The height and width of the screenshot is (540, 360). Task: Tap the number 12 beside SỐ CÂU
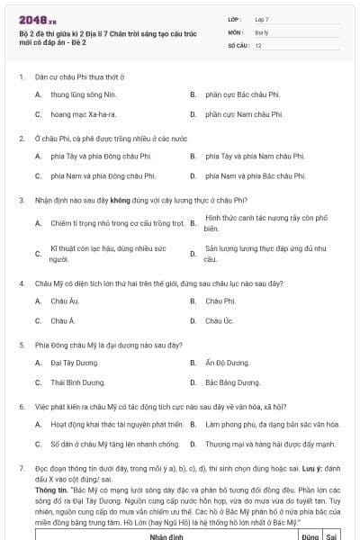pyautogui.click(x=258, y=44)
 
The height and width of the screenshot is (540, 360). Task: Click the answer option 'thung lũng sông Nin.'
pyautogui.click(x=85, y=94)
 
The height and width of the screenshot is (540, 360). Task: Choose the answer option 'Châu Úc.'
pyautogui.click(x=220, y=320)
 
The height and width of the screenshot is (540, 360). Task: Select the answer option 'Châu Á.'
pyautogui.click(x=63, y=320)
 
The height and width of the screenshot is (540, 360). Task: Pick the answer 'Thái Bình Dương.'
pyautogui.click(x=78, y=382)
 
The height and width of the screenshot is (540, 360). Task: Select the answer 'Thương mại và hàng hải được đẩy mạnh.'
pyautogui.click(x=270, y=445)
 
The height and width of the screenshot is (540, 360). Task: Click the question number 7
pyautogui.click(x=22, y=470)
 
